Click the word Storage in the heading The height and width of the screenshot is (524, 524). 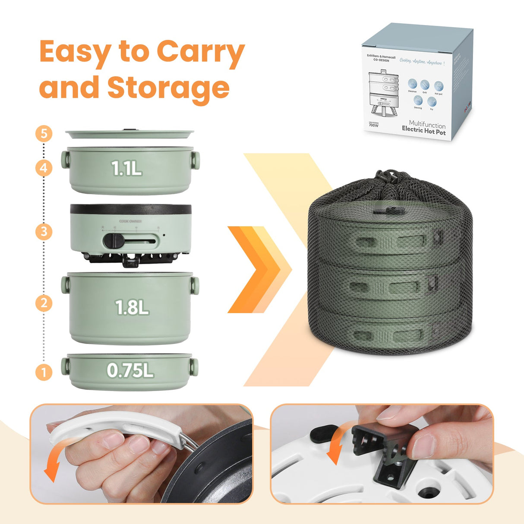point(168,88)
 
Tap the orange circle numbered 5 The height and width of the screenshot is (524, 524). point(44,133)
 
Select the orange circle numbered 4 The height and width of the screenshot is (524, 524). point(44,167)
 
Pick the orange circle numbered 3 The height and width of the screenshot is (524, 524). point(44,232)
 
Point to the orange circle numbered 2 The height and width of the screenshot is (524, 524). point(44,303)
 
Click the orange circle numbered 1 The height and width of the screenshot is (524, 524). point(44,372)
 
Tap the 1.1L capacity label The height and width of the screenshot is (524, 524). point(126,168)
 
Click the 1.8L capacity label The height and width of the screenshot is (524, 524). point(132,307)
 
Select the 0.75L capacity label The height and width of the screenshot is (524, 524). point(130,370)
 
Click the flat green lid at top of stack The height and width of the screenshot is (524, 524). point(129,134)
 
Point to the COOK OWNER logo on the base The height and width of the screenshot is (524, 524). point(130,221)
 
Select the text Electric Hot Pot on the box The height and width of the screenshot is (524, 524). point(423,132)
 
